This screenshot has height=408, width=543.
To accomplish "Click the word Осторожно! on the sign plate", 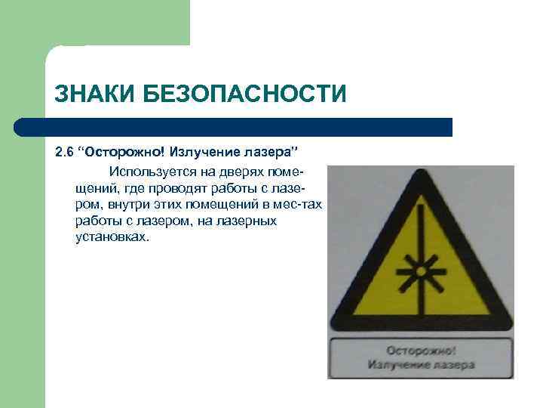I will (x=421, y=351).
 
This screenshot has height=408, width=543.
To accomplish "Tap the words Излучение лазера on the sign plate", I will (x=421, y=365).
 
